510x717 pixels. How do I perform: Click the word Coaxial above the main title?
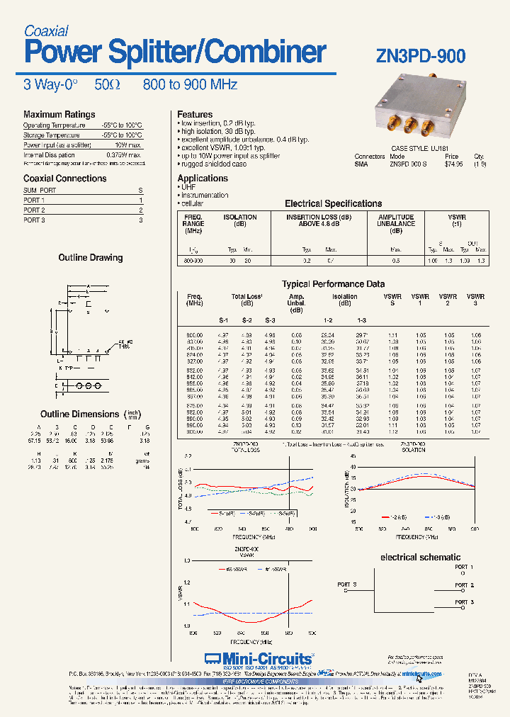[x=46, y=30]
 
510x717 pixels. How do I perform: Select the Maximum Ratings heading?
[x=59, y=114]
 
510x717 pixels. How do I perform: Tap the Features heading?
[x=195, y=114]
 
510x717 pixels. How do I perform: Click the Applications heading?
[x=203, y=178]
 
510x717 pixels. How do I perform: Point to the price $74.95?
[x=453, y=164]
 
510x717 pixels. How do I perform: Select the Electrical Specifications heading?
[x=333, y=203]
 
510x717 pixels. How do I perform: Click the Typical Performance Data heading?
[x=333, y=283]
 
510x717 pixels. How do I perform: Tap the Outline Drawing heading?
[x=90, y=257]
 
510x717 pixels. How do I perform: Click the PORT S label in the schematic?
[x=347, y=584]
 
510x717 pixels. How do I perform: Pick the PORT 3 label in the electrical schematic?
[x=464, y=601]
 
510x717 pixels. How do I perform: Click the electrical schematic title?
[x=421, y=557]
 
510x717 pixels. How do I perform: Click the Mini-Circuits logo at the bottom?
[x=258, y=657]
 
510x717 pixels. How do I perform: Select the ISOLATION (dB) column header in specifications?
[x=240, y=220]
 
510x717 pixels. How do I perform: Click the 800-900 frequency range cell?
[x=193, y=261]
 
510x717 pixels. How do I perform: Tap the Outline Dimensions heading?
[x=79, y=414]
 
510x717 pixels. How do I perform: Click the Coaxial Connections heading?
[x=64, y=179]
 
